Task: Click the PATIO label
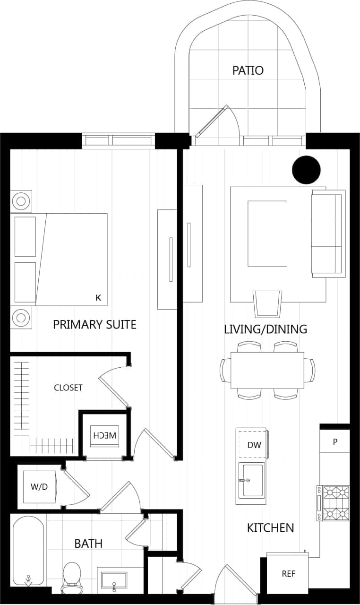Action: [x=248, y=70]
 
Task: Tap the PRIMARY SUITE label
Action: [x=94, y=325]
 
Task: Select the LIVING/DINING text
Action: [x=266, y=329]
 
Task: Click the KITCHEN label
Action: [x=270, y=527]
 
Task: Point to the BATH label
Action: [x=88, y=544]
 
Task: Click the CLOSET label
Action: [x=68, y=388]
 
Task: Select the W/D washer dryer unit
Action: [x=39, y=487]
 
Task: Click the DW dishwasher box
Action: [x=254, y=445]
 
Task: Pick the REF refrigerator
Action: [x=288, y=574]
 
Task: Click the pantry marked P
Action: [x=335, y=442]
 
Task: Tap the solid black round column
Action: [x=306, y=170]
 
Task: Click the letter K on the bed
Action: [x=98, y=298]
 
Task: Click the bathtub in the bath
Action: [x=28, y=551]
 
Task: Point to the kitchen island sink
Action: [x=252, y=480]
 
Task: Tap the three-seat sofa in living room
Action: [x=328, y=233]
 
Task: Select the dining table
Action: [x=267, y=370]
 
